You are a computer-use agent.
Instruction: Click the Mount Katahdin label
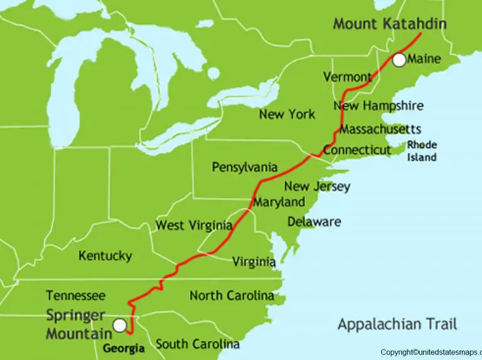(x=390, y=24)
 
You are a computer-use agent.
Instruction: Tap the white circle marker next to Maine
(x=399, y=60)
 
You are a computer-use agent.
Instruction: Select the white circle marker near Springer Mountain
(x=119, y=325)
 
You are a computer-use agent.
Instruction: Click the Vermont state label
(x=347, y=77)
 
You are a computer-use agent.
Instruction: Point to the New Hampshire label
(x=378, y=106)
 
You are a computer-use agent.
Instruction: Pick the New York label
(x=287, y=114)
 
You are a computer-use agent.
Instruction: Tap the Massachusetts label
(x=380, y=129)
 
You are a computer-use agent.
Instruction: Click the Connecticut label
(x=357, y=151)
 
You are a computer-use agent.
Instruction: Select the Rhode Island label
(x=422, y=151)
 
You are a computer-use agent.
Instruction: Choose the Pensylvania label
(x=244, y=167)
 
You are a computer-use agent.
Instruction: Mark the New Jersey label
(x=317, y=186)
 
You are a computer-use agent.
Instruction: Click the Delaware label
(x=314, y=221)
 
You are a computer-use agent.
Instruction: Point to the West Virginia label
(x=194, y=225)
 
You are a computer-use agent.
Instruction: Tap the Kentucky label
(x=105, y=256)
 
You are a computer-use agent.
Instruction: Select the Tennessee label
(x=76, y=295)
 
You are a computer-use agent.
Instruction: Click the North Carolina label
(x=232, y=295)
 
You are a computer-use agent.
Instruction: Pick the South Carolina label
(x=198, y=344)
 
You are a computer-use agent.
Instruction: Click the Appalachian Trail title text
(x=397, y=324)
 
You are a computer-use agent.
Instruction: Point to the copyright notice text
(x=431, y=352)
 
